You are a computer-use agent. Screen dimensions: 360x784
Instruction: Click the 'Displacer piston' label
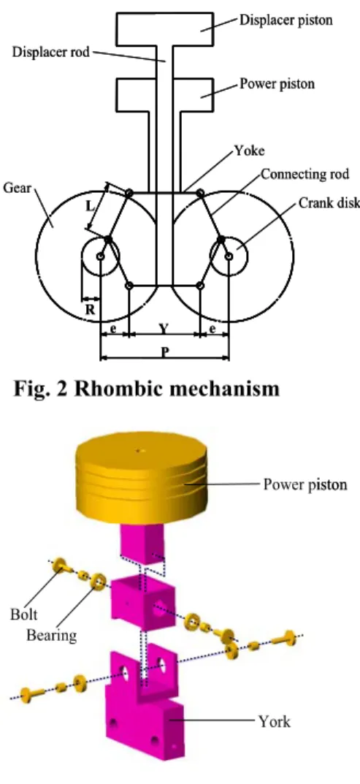pos(286,20)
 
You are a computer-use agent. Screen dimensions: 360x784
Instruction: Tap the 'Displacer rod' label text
pos(51,51)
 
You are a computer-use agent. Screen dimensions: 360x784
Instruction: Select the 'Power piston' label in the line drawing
pos(277,83)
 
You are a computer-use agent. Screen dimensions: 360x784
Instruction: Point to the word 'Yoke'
pos(250,151)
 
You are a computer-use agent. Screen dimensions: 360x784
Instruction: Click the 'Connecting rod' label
pos(305,175)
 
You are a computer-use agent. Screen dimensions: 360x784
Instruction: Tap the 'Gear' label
pos(17,188)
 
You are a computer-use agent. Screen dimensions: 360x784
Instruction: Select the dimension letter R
pos(90,310)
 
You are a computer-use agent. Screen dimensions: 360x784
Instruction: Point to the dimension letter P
pos(164,351)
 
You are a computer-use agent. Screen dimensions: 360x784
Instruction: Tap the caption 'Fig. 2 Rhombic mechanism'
pos(146,388)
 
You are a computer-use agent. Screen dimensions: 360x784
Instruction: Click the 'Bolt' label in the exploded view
pos(23,614)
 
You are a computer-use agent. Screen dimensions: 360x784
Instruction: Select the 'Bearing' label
pos(52,635)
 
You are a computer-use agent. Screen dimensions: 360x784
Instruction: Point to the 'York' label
pos(274,721)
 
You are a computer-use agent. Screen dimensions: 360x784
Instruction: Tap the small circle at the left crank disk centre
pos(101,256)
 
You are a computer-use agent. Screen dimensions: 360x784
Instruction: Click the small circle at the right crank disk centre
pos(229,256)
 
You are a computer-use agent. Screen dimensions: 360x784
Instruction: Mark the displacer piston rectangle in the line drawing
pos(165,29)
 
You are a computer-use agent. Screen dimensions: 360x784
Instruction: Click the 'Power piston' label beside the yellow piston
pos(305,484)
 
